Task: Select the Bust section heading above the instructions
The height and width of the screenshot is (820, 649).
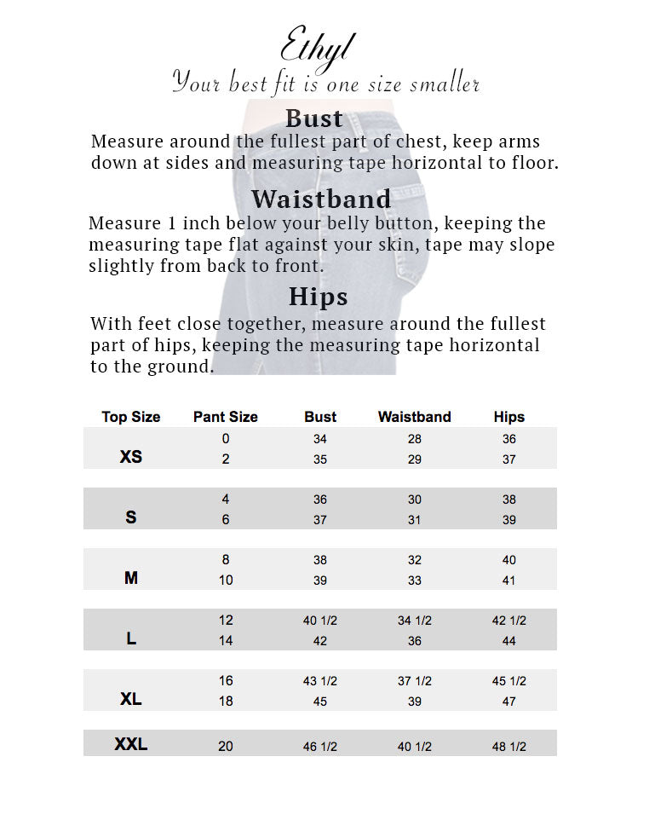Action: coord(314,118)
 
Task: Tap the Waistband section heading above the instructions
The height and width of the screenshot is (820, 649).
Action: coord(321,199)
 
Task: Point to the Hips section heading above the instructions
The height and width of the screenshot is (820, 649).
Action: coord(318,296)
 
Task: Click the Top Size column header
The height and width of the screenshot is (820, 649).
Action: coord(131,417)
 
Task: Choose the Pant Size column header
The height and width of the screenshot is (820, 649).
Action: coord(226,417)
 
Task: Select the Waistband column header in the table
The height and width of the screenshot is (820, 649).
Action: coord(415,417)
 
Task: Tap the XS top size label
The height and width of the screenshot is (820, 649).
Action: coord(131,457)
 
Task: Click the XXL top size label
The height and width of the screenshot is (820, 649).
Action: coord(131,744)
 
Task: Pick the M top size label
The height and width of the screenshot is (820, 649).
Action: coord(131,578)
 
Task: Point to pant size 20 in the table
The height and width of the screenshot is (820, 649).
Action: coord(226,746)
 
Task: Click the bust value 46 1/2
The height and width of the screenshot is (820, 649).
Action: coord(320,747)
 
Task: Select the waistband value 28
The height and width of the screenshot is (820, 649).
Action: coord(415,439)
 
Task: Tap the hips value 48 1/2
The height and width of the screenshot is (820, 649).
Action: coord(509,747)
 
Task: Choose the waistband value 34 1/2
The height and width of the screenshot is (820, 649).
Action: coord(415,621)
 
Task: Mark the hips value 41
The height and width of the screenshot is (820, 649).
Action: coord(509,580)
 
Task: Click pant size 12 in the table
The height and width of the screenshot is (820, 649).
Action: coord(226,620)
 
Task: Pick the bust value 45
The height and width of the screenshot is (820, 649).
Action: coord(320,702)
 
